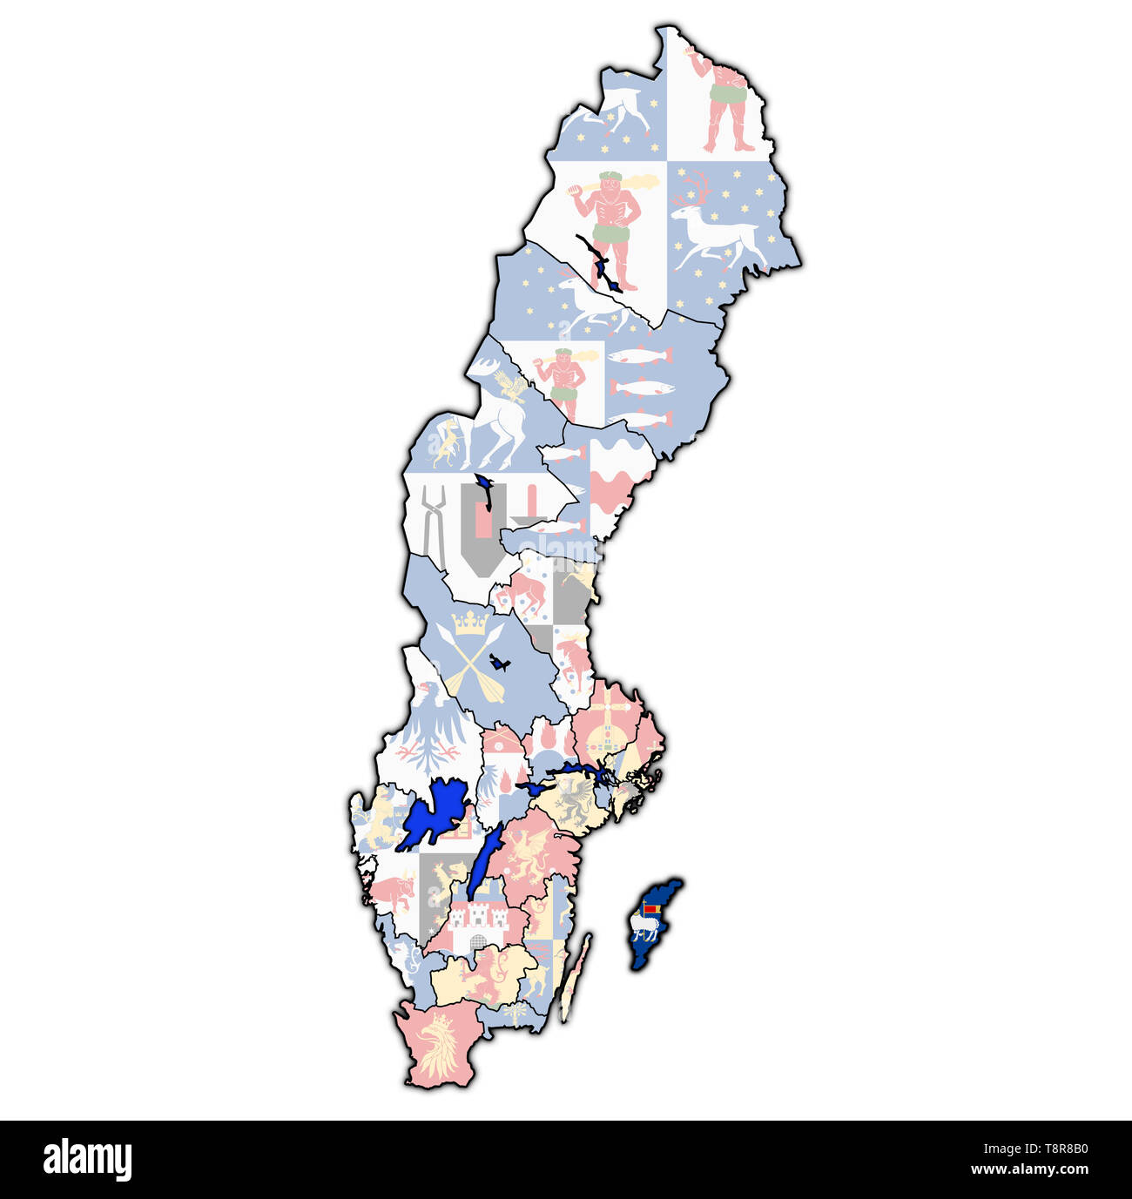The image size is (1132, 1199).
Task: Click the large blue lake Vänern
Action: tap(434, 815)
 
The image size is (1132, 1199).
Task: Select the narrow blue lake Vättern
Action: tap(483, 863)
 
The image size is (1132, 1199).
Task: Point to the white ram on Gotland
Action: tap(645, 928)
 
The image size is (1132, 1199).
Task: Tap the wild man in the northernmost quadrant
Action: tap(724, 100)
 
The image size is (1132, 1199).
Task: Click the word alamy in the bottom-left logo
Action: tap(87, 1160)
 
